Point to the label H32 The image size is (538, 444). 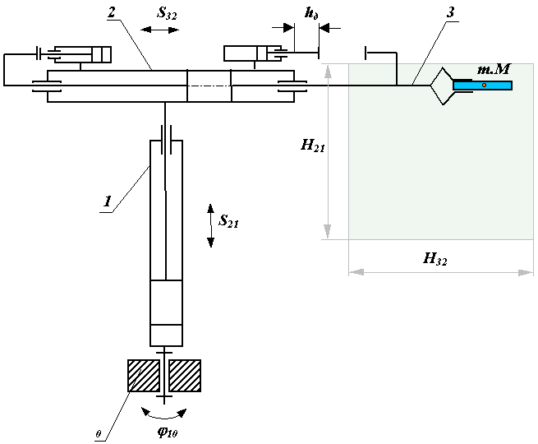[x=435, y=259]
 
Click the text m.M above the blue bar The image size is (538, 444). [x=494, y=71]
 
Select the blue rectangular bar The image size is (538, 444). [x=482, y=85]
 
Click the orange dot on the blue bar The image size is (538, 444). [x=485, y=85]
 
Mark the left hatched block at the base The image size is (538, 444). [x=144, y=376]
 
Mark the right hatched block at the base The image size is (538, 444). [x=185, y=376]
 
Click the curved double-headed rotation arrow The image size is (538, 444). [x=165, y=411]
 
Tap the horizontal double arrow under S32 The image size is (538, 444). [x=159, y=30]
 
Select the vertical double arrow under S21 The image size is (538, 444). [x=210, y=224]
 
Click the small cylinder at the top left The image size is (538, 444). [x=79, y=55]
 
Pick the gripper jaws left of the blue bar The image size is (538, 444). [x=444, y=86]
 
